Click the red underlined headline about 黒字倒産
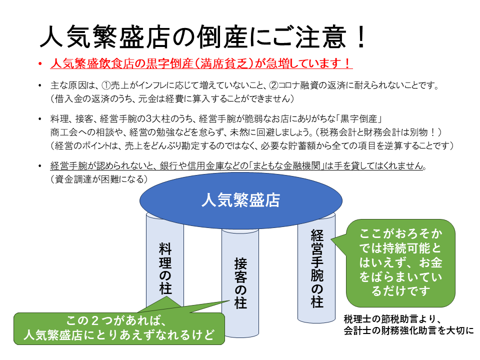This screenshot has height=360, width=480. pyautogui.click(x=201, y=64)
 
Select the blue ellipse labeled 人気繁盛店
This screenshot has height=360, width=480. pyautogui.click(x=240, y=200)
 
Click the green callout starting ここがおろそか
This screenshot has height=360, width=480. pyautogui.click(x=400, y=262)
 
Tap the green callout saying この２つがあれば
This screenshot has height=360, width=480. pyautogui.click(x=119, y=328)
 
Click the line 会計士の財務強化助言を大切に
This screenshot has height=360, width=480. pyautogui.click(x=408, y=330)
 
